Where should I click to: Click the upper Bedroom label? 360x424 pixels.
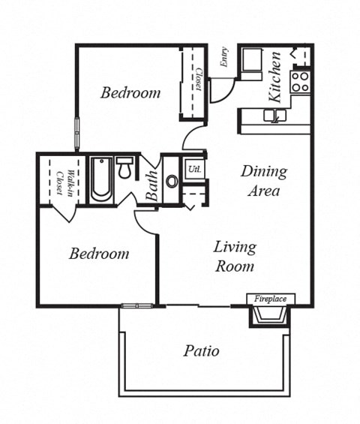(130, 93)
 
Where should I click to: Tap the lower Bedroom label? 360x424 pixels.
(98, 254)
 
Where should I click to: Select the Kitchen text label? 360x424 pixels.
(275, 77)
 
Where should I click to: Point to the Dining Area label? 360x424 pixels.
(264, 181)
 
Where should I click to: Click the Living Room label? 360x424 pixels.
(235, 256)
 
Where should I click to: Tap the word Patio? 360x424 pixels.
(201, 350)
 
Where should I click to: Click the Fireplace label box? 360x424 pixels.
(270, 299)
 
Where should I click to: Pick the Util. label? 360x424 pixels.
(194, 168)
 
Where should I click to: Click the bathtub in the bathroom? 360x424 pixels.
(101, 180)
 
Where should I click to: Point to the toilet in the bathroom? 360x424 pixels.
(124, 168)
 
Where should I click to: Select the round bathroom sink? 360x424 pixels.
(172, 181)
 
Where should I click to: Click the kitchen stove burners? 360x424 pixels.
(301, 81)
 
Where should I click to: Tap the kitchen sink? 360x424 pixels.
(274, 115)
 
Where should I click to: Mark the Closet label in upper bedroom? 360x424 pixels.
(198, 79)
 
